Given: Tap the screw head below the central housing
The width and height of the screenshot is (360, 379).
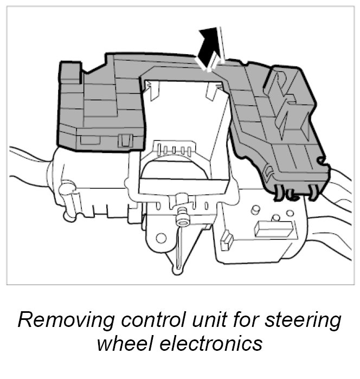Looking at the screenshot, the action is (182, 216).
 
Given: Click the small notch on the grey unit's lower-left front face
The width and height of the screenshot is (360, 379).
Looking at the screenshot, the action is (125, 140).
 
